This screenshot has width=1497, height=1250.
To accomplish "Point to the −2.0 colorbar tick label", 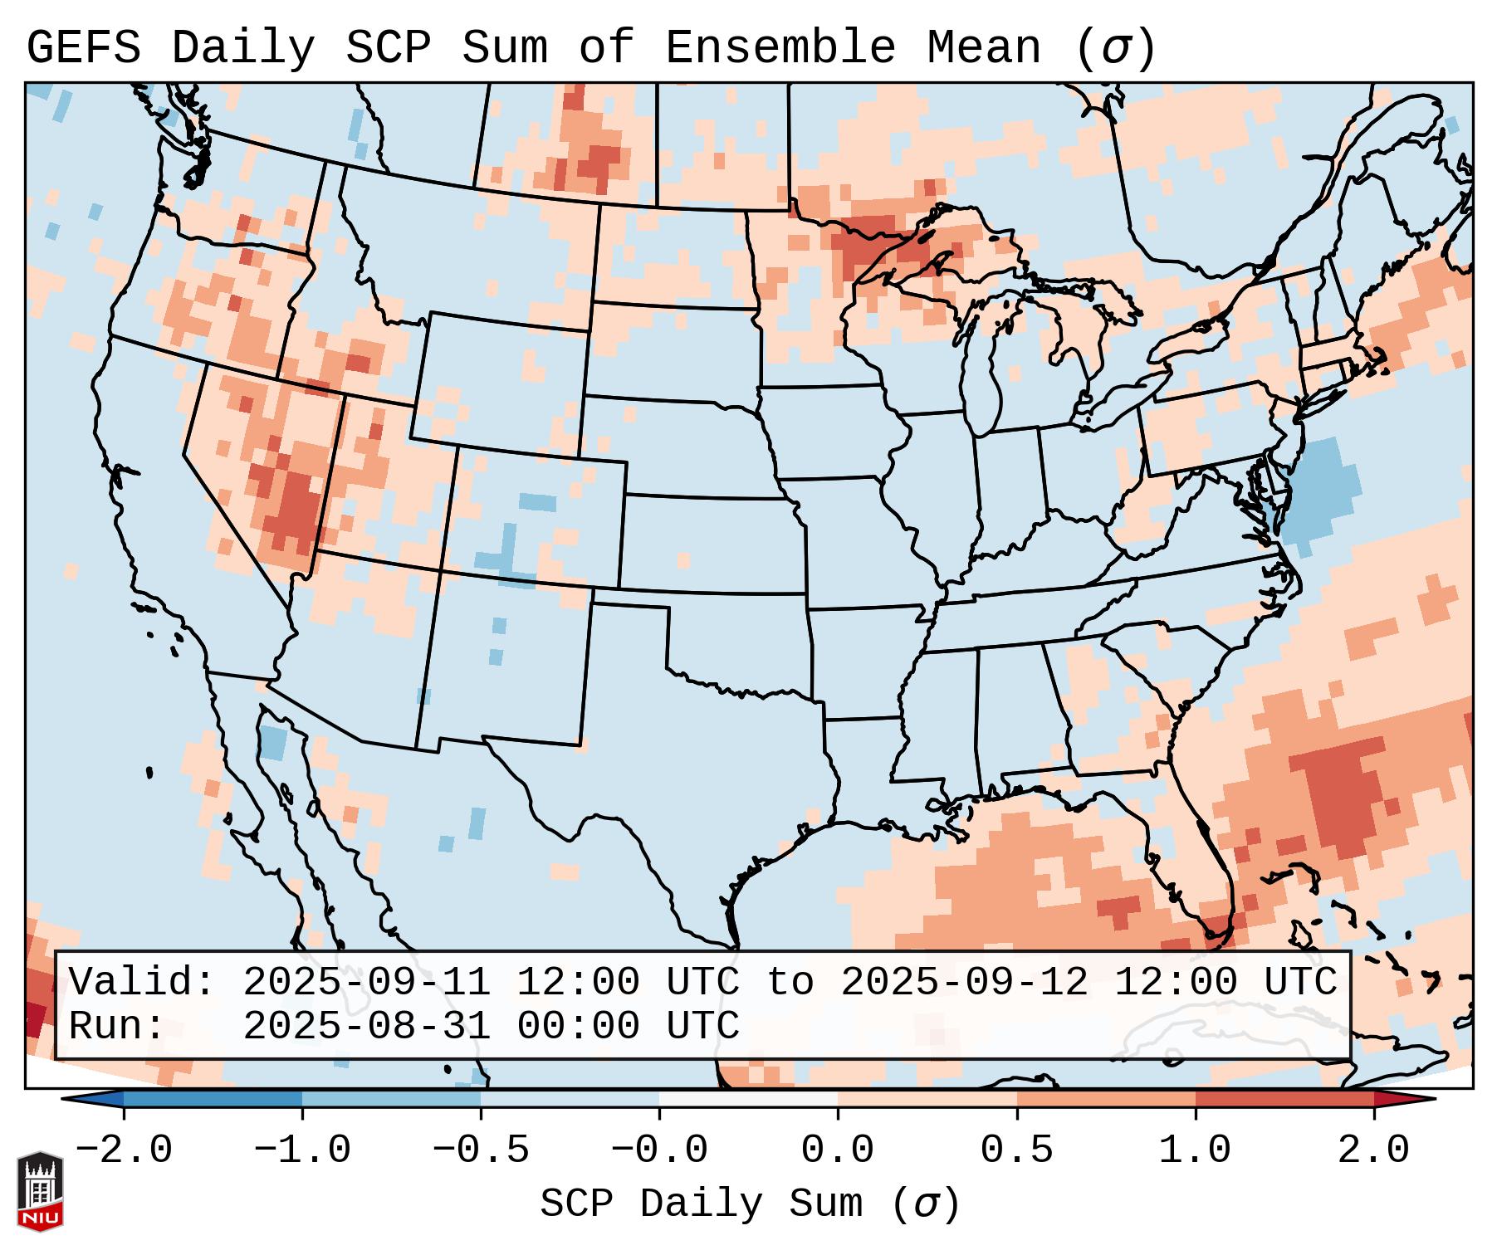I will tap(124, 1150).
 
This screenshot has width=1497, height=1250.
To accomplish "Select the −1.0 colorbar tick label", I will tap(302, 1150).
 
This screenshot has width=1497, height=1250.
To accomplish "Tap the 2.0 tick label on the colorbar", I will tap(1374, 1150).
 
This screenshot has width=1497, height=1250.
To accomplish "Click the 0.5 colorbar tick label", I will tap(1017, 1150).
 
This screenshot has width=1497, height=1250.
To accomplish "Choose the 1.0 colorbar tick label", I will tap(1196, 1150).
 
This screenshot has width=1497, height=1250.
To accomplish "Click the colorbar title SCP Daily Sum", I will tap(750, 1204).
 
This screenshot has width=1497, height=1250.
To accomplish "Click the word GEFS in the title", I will tap(84, 47).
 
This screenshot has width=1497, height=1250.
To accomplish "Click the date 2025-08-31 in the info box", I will tap(367, 1026).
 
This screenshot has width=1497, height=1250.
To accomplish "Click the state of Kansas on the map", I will tap(710, 544).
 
